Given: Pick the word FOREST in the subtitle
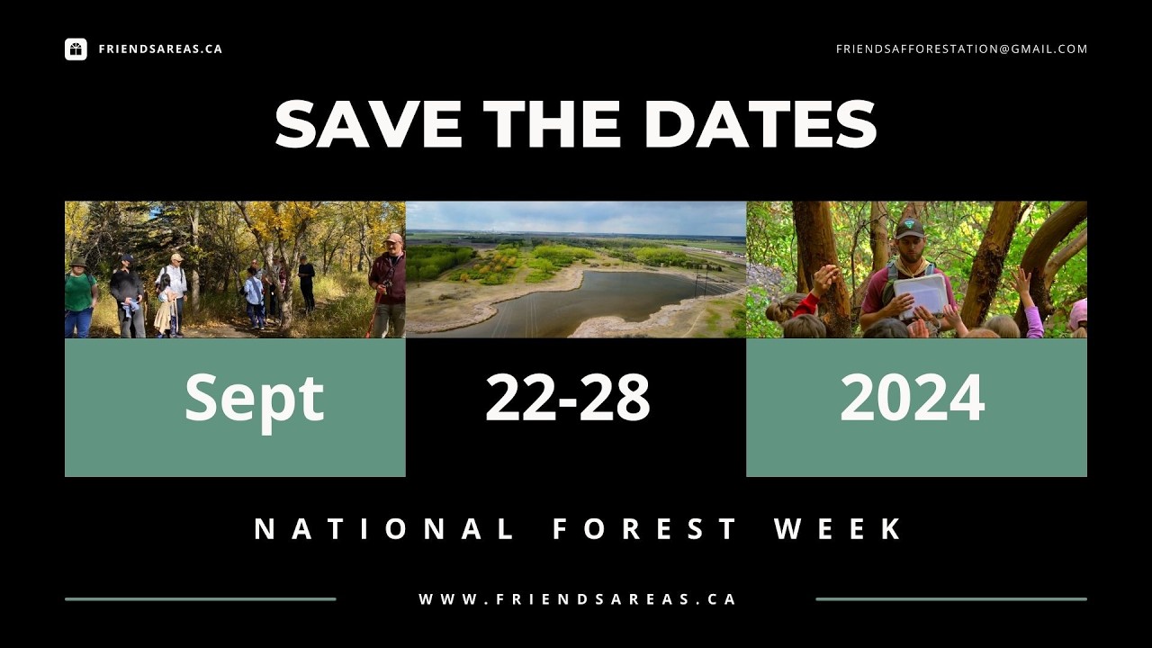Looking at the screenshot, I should [645, 529].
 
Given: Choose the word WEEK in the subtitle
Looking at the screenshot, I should [839, 529].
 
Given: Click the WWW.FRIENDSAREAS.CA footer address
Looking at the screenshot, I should [577, 599].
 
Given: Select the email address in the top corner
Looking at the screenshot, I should [961, 49].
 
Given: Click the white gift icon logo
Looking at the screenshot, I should [76, 49].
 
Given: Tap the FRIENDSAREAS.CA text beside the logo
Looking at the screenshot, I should [160, 49].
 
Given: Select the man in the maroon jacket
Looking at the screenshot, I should [389, 283].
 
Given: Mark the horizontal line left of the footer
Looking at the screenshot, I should [200, 599].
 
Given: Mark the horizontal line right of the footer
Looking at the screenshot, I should [950, 599].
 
